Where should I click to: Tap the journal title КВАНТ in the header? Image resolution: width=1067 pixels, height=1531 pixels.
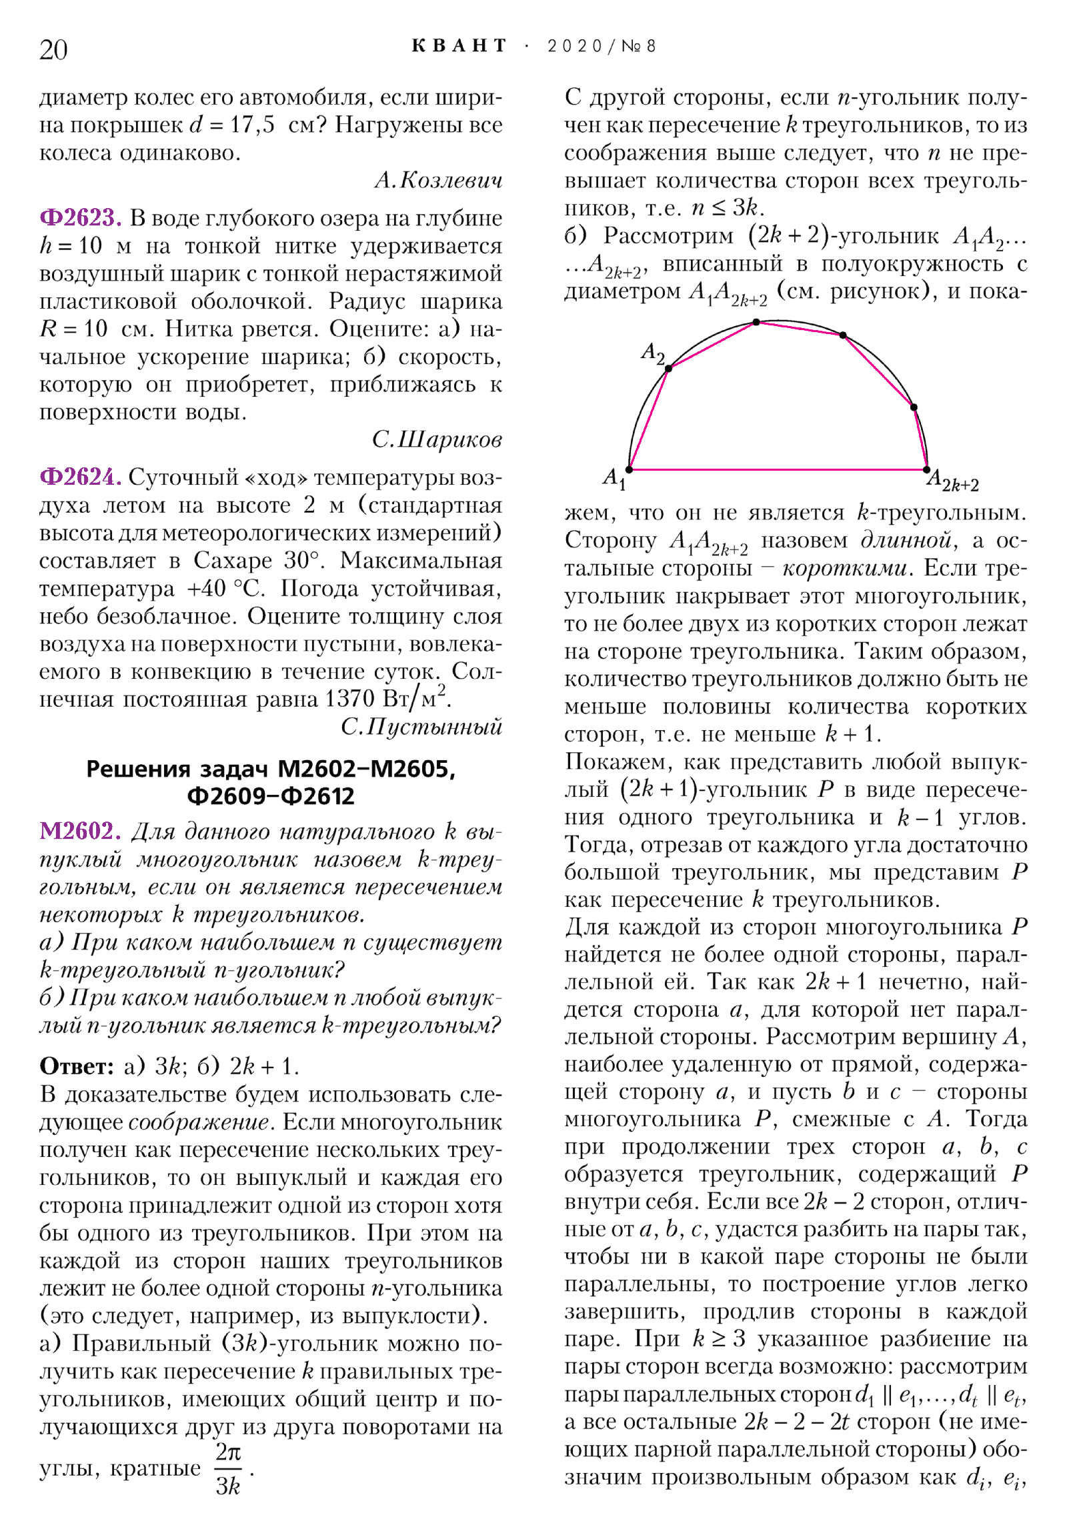(x=459, y=46)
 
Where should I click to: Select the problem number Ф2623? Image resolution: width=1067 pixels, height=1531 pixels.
(x=81, y=218)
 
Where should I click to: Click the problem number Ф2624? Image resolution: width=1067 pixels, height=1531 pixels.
(x=81, y=477)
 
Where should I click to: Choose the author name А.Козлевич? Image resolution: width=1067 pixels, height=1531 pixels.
(x=438, y=180)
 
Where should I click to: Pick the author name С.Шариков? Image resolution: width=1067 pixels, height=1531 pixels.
(x=437, y=439)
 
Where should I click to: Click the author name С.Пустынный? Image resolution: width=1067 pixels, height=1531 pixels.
(x=421, y=727)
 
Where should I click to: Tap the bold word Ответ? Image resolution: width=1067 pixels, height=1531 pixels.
(x=77, y=1066)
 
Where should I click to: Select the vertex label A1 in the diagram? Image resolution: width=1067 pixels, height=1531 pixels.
(x=614, y=478)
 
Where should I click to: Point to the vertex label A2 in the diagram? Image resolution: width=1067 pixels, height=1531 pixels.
(x=653, y=352)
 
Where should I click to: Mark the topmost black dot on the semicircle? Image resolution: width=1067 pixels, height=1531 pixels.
(x=756, y=322)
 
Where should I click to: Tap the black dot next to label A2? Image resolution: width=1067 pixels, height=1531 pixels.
(x=669, y=368)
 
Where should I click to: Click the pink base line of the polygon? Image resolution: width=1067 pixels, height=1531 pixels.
(x=778, y=469)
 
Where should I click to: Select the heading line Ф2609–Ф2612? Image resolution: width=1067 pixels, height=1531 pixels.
(x=271, y=796)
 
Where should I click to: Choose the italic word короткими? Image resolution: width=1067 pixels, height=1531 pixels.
(x=844, y=568)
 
